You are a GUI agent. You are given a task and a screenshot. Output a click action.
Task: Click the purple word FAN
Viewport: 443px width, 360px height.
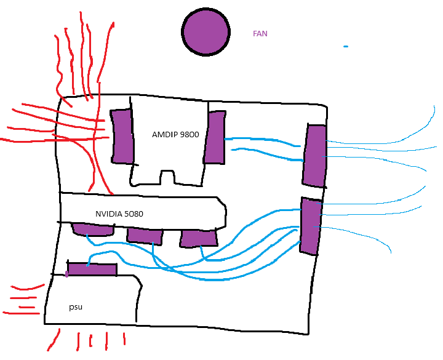tap(260, 34)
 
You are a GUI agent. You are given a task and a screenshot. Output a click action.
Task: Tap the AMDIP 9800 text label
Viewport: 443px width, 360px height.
tap(175, 134)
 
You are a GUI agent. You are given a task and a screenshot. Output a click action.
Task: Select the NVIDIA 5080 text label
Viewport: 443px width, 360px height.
tap(119, 214)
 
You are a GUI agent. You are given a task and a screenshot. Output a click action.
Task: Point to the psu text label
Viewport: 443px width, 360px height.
tap(76, 306)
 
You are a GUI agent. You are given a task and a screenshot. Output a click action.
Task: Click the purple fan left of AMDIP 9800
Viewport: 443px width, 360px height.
tap(122, 136)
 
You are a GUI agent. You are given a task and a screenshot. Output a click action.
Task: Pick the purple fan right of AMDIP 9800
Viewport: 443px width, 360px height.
tap(215, 137)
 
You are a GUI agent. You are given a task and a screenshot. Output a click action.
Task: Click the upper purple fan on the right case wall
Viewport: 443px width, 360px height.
tap(314, 155)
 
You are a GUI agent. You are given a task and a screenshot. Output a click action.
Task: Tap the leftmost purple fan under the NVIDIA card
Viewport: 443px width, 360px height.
tap(94, 230)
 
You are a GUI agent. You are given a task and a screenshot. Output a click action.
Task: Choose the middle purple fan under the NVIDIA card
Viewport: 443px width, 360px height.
tap(145, 236)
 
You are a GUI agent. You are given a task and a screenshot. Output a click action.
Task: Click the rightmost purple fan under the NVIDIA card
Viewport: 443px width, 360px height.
tap(199, 238)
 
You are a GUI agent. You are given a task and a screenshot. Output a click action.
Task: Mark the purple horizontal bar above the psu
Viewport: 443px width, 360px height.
tap(92, 270)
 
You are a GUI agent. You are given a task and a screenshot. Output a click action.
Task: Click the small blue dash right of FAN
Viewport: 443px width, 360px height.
tap(346, 47)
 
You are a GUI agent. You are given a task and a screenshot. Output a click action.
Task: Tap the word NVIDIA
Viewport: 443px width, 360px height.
tap(108, 214)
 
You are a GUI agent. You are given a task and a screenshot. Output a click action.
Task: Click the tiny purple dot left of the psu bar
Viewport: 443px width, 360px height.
tap(66, 274)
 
